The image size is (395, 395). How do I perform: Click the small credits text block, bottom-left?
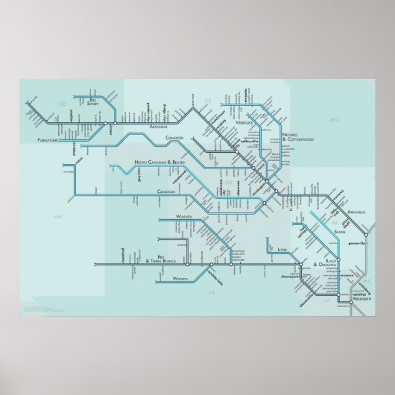[34, 308]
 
